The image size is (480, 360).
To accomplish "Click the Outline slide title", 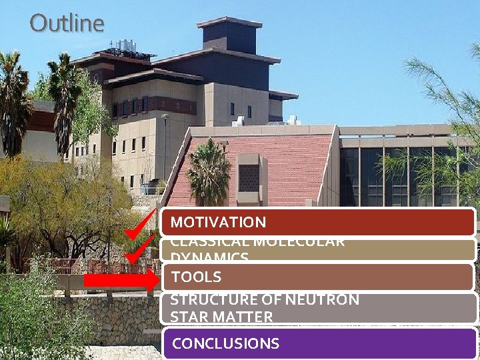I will pos(67,23).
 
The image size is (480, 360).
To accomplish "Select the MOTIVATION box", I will pos(319,223).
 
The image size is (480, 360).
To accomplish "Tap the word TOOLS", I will pos(197,277).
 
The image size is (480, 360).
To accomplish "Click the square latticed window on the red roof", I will pos(249,177).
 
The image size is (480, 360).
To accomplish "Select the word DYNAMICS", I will pos(210,257).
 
